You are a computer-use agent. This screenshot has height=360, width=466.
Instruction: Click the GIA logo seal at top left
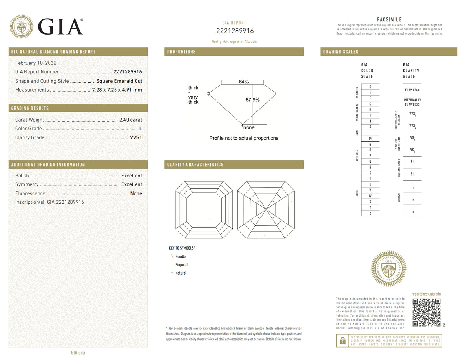pos(21,26)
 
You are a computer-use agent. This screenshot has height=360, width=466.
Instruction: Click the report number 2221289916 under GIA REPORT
pos(235,31)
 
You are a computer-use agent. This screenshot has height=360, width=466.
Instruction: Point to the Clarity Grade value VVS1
pos(136,137)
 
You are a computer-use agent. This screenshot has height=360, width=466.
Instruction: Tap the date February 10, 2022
pos(35,63)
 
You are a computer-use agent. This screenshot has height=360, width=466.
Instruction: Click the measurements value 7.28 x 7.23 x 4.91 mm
pos(117,90)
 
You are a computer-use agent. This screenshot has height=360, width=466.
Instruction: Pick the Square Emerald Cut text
pos(119,81)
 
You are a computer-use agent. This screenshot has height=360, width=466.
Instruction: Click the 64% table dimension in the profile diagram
pos(243,82)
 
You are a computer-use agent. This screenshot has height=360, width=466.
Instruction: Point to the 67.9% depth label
pos(252,100)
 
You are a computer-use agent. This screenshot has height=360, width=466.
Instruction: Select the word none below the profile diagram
pos(249,127)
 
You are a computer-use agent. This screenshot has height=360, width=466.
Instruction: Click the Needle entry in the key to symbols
pos(180,256)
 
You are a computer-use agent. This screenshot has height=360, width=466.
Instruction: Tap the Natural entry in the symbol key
pos(181,273)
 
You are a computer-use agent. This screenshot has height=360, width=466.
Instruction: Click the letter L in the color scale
pos(370,133)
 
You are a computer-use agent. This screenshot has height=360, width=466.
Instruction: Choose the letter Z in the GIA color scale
pos(370,213)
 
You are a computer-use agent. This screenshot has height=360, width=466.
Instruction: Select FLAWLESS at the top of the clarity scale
pos(412,90)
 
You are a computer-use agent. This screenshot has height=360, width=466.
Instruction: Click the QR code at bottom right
pos(426,312)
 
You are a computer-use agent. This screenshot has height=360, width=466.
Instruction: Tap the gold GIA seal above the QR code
pos(388,268)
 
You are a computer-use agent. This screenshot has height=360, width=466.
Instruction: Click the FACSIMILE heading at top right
pos(389,20)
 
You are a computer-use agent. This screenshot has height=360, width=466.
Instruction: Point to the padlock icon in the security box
pos(343,341)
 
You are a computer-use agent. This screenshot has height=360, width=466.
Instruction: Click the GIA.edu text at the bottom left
pos(78,353)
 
